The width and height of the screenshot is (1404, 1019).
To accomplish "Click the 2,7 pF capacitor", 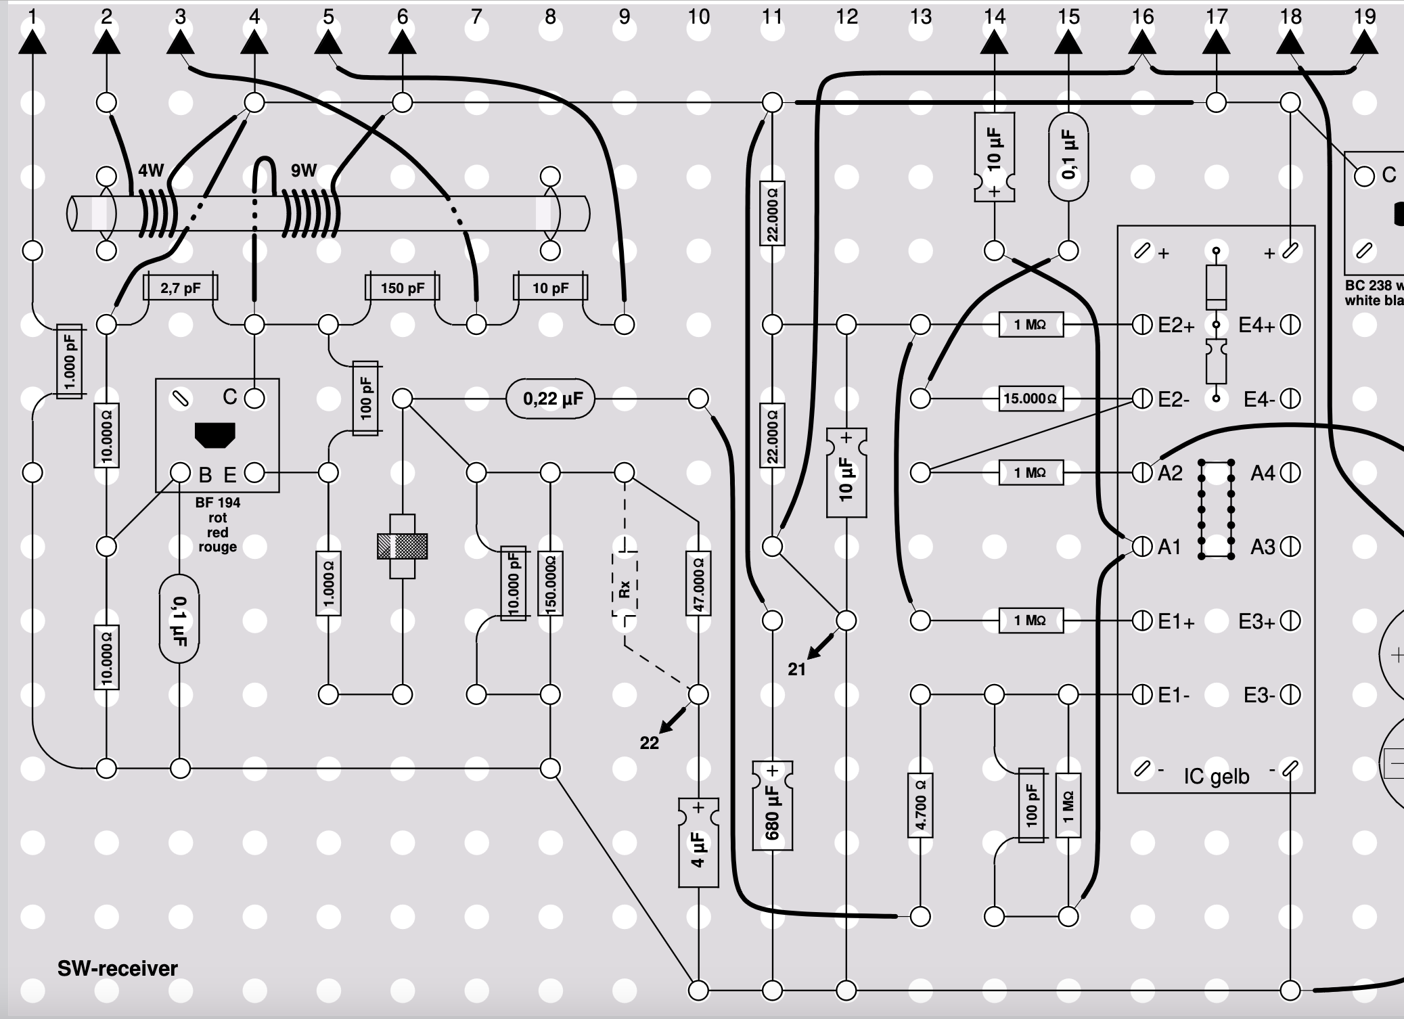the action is coord(181,288).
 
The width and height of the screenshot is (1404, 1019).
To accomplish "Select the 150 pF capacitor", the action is coord(402,288).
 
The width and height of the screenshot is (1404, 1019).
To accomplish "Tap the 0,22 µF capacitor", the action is coord(551,399).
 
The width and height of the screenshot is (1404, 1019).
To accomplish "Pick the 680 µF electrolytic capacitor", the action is coord(772,805).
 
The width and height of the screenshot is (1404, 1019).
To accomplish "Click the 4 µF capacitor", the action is coord(698,842).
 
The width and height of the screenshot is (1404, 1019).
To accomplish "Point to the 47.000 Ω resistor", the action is coord(698,583).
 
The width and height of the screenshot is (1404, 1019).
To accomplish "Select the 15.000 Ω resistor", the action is coord(1031,399).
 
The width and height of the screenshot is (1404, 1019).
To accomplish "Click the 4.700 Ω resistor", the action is coord(920,805).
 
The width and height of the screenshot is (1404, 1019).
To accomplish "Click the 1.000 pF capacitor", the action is coord(69,362).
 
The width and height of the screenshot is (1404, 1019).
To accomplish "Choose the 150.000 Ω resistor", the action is coord(550,583).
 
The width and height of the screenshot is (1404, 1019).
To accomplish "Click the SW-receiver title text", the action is coord(117,968).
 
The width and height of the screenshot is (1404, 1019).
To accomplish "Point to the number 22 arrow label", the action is coord(649,743).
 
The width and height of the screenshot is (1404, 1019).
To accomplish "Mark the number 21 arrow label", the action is coord(796,669).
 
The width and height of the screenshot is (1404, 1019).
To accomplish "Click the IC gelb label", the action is coord(1217,776).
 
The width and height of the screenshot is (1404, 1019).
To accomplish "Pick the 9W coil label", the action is coord(304,171).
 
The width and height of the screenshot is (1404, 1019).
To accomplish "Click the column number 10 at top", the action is coord(698,16).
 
